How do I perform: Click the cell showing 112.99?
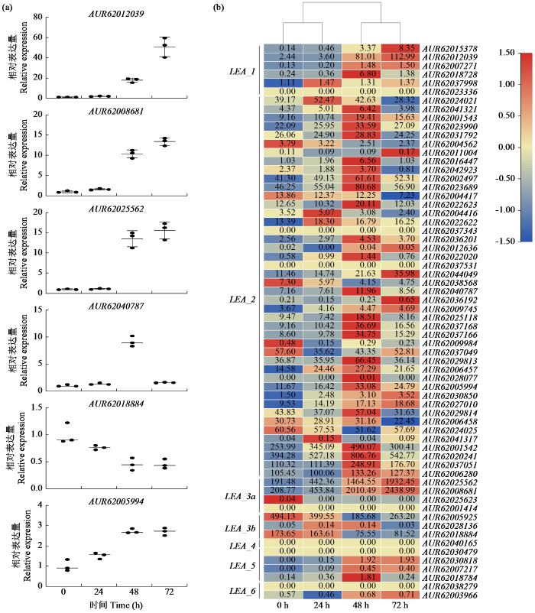(400, 57)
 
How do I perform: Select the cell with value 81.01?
(362, 57)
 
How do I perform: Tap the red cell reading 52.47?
(323, 100)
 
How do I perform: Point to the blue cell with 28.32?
(400, 100)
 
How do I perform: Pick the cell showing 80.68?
(362, 186)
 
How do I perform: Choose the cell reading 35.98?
(400, 273)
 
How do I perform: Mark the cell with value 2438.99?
(400, 489)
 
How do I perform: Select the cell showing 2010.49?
(362, 489)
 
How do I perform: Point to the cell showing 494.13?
(284, 516)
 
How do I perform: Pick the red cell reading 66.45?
(362, 360)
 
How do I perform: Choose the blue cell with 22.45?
(400, 420)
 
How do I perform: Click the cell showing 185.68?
(362, 516)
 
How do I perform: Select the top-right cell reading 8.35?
(400, 48)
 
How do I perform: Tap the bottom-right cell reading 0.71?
(400, 594)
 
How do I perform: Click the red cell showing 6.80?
(362, 74)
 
